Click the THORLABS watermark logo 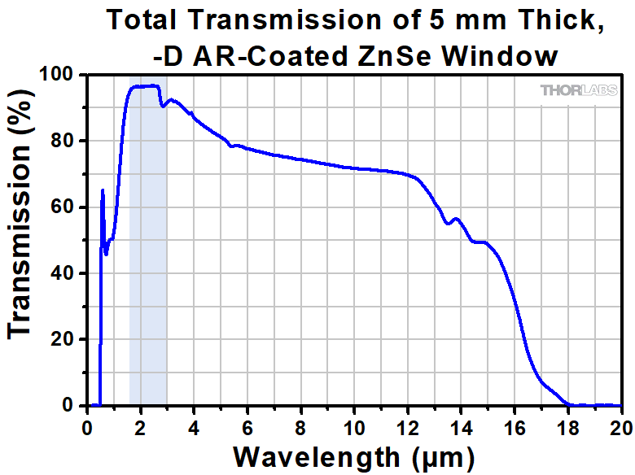pos(579,90)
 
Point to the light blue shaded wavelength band pos(148,244)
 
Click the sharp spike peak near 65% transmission pos(103,190)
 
